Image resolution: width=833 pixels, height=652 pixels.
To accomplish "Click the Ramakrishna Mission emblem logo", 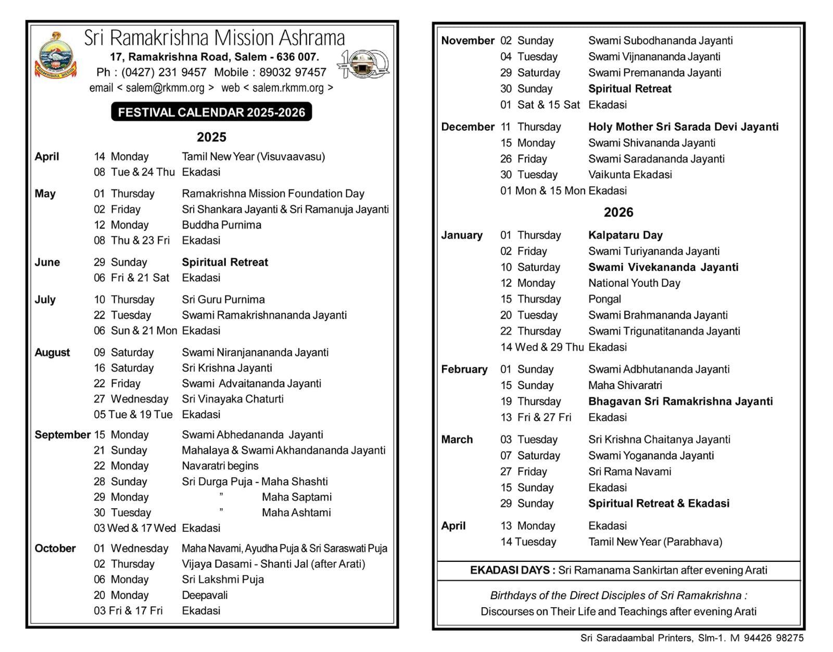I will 55,56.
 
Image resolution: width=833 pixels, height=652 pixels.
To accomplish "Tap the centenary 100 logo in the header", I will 364,64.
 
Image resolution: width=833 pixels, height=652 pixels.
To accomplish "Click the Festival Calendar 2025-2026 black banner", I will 211,112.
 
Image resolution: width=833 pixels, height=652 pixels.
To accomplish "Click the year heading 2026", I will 618,212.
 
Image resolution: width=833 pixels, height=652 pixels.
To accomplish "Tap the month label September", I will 62,435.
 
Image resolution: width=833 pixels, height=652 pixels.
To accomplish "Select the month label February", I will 464,369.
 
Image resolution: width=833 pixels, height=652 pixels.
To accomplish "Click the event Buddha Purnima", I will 221,225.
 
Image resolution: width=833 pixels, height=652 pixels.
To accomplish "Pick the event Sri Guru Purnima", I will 223,299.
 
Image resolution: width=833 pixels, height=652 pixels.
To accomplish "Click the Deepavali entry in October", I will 205,595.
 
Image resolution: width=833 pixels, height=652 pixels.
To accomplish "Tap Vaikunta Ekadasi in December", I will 630,174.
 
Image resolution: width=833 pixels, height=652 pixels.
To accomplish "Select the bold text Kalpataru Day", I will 625,235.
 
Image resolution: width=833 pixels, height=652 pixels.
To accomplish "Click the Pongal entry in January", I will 604,299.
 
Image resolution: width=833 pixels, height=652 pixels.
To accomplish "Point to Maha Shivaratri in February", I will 625,385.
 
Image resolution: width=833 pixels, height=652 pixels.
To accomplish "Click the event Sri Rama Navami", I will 629,471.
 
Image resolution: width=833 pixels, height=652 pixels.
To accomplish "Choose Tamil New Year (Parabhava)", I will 655,542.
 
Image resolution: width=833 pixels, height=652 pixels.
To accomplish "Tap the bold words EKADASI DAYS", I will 512,570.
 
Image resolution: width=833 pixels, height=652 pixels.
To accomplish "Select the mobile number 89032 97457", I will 293,72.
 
